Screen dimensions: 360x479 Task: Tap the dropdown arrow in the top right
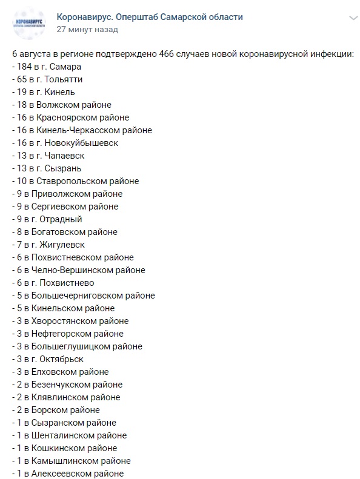[x=353, y=19]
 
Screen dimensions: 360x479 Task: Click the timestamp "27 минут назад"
[x=87, y=29]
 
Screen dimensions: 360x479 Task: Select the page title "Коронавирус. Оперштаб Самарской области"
[x=150, y=17]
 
